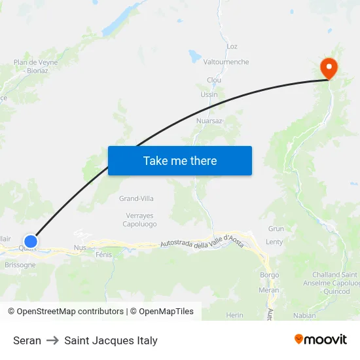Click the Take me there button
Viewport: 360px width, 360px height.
180,160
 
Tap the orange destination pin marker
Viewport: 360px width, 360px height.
328,68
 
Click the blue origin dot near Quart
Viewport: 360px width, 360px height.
30,242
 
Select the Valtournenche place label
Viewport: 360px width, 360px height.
226,62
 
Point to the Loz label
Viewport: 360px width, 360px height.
232,46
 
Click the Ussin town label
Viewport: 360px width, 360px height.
209,94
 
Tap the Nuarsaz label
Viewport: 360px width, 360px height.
209,121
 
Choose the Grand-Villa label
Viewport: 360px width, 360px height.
136,198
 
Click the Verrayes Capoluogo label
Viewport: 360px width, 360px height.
139,219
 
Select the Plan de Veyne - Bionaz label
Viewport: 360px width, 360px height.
35,67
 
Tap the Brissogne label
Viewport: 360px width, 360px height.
20,265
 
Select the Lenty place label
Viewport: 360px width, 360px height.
274,242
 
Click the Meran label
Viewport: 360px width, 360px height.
268,290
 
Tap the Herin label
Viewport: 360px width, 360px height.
234,315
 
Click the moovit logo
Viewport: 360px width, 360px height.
320,339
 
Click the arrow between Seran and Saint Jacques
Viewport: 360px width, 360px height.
52,340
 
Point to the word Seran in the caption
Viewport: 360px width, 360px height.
27,340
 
